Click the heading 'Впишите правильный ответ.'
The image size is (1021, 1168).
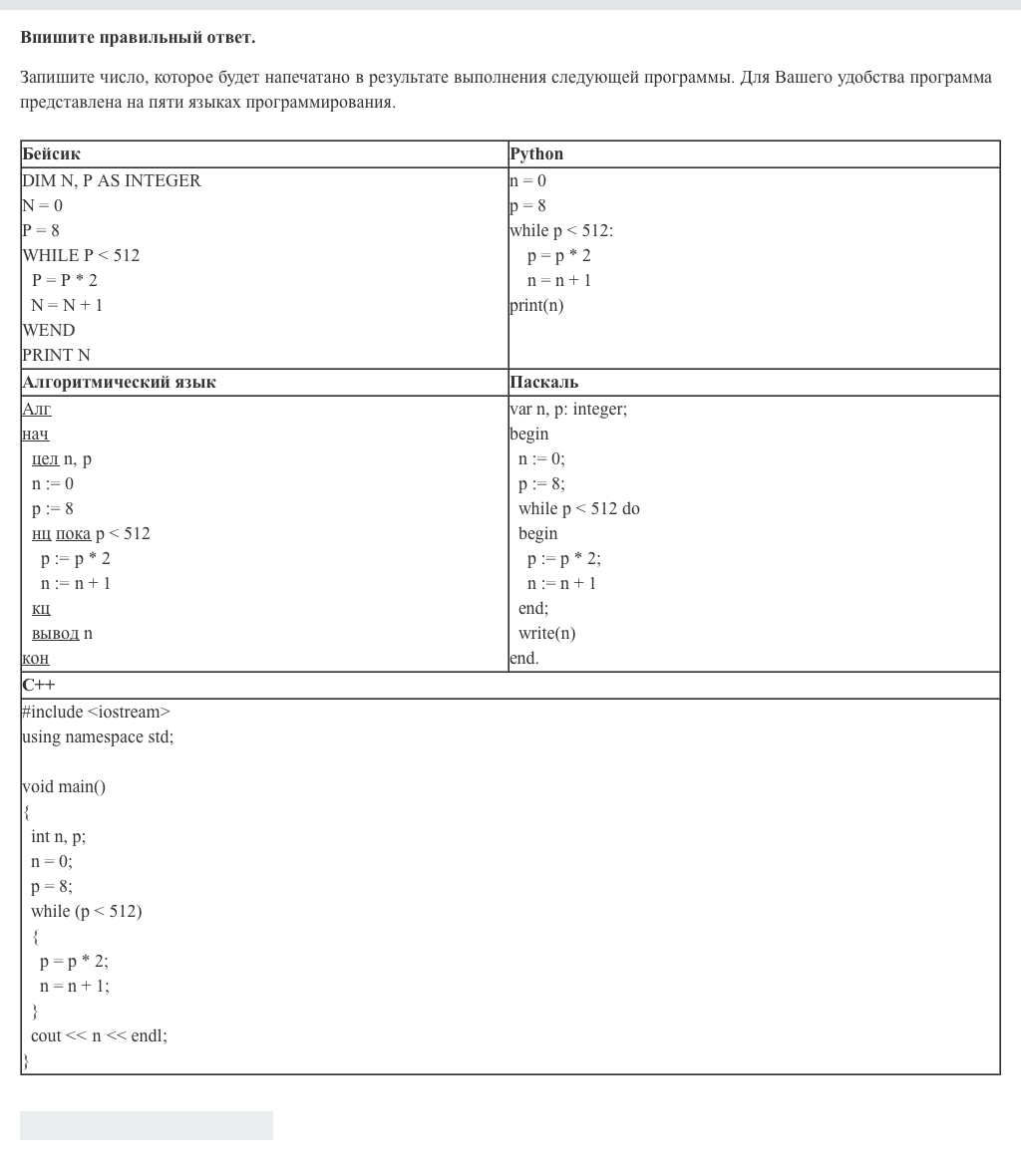138,38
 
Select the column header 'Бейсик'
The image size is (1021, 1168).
51,154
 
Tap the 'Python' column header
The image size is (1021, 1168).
536,154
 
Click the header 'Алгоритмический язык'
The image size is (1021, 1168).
119,383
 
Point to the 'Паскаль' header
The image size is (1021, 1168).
543,383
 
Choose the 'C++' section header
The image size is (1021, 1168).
39,686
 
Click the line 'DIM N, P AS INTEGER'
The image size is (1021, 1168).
112,180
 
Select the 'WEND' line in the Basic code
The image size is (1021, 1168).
49,330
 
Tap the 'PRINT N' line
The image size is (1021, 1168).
56,355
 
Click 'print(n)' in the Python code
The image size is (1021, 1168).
536,305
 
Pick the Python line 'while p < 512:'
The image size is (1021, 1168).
561,230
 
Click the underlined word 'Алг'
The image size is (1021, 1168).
37,409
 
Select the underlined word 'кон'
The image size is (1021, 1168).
36,658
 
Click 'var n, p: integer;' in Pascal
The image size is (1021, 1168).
568,409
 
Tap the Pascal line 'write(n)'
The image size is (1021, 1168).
546,633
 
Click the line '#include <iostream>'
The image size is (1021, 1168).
97,712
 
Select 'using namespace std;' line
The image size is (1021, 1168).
98,736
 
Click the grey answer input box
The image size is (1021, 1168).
147,1125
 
